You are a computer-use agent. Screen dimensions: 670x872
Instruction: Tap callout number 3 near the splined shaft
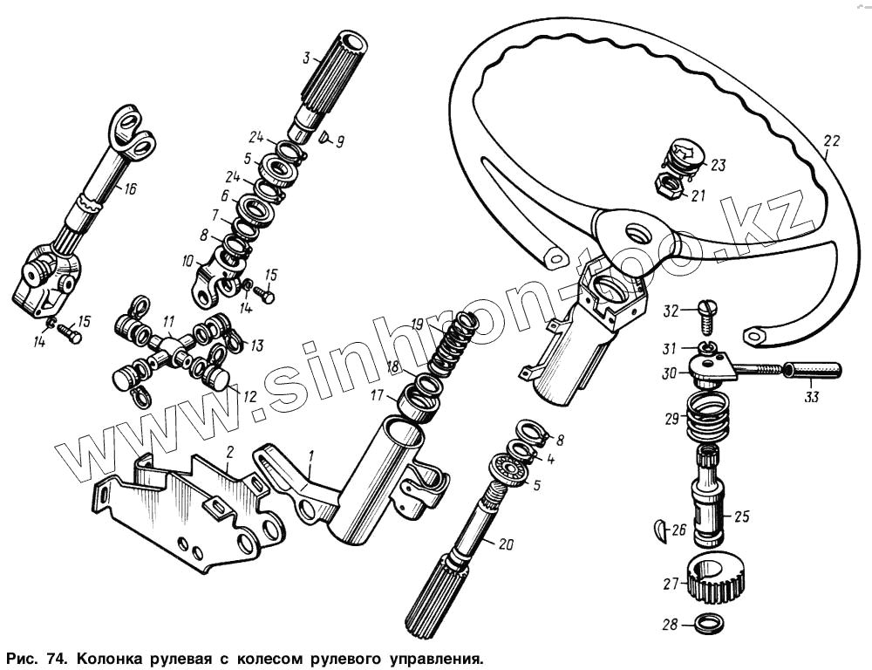(306, 58)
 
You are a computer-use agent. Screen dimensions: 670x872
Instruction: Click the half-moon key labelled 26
(659, 529)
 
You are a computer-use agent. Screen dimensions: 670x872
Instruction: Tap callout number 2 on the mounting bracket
(229, 452)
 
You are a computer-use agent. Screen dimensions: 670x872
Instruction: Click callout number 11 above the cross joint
(167, 320)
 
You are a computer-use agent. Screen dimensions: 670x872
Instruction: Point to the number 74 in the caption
(43, 655)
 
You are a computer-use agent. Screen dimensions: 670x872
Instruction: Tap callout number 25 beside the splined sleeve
(741, 516)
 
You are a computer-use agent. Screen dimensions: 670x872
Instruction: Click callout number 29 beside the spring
(671, 419)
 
